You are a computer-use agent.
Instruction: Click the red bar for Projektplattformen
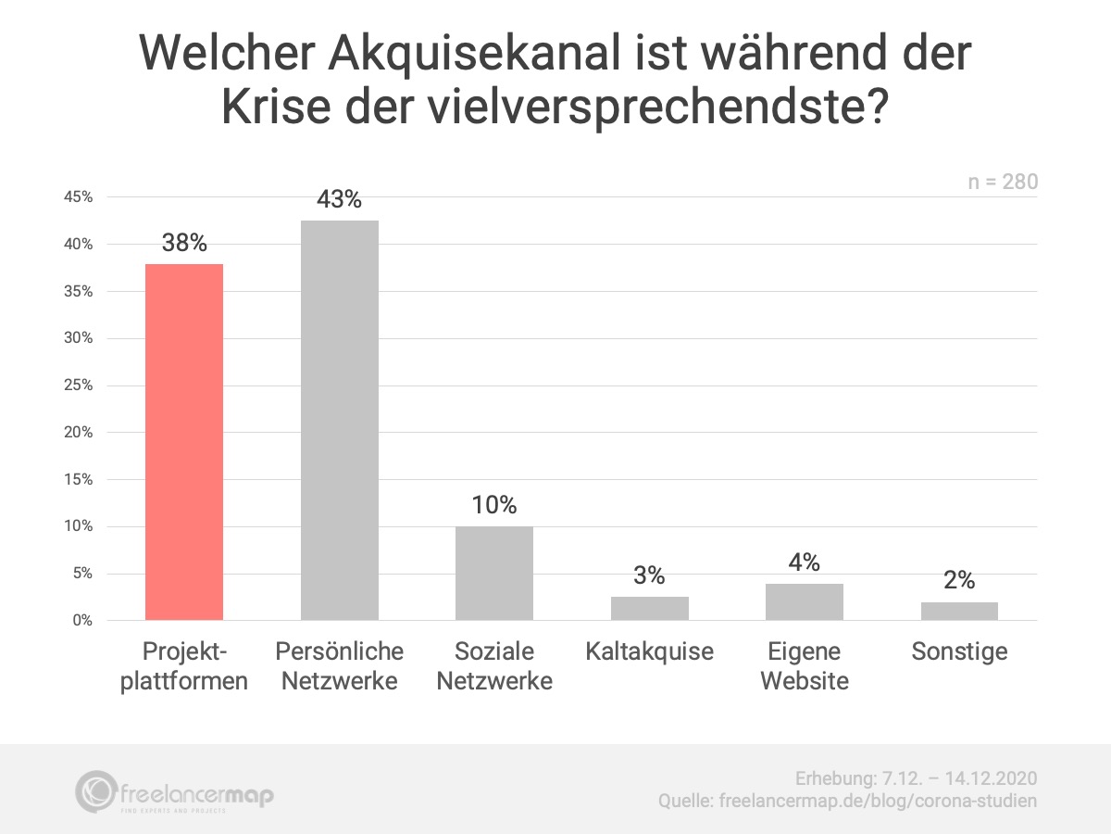[184, 442]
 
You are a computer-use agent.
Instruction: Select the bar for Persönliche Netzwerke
[339, 420]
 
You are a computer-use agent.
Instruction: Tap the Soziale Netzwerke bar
[494, 573]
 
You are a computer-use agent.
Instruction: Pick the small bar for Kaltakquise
[649, 608]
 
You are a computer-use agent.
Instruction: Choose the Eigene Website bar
[805, 601]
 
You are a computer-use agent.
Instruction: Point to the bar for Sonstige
[959, 611]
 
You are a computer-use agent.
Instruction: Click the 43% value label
[339, 199]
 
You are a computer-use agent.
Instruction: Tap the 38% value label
[184, 244]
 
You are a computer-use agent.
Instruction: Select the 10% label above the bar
[494, 505]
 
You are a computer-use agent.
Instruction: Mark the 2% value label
[959, 580]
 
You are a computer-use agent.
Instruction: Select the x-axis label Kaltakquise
[649, 651]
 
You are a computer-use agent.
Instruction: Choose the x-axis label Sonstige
[959, 651]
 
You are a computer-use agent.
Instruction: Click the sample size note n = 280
[1003, 183]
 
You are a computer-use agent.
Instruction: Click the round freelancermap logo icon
[96, 792]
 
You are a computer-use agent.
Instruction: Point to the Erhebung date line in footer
[916, 777]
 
